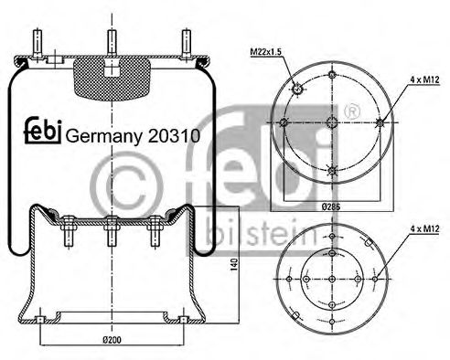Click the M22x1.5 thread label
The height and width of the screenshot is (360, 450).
(x=267, y=51)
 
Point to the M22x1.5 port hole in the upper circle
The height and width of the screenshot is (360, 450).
(x=298, y=88)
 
